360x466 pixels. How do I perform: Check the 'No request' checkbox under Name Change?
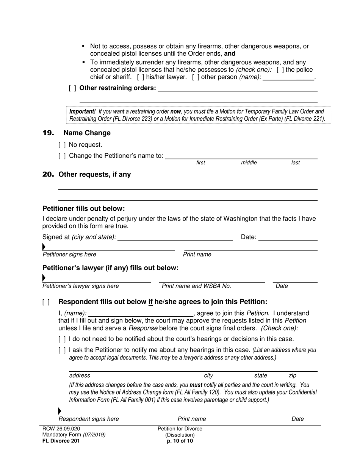pyautogui.click(x=62, y=145)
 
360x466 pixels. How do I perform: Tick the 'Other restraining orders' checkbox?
pyautogui.click(x=72, y=88)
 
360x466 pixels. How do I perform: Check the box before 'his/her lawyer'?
pyautogui.click(x=140, y=77)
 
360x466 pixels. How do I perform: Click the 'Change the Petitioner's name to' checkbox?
pyautogui.click(x=62, y=156)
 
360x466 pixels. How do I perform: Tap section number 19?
pyautogui.click(x=48, y=133)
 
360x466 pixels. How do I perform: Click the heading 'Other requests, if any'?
pyautogui.click(x=94, y=175)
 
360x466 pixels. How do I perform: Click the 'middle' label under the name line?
pyautogui.click(x=249, y=163)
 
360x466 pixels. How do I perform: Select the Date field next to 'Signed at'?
pyautogui.click(x=288, y=237)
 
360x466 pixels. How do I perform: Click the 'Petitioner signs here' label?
pyautogui.click(x=69, y=255)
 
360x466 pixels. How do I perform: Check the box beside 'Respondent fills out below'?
pyautogui.click(x=46, y=302)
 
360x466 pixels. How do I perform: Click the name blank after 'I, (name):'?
pyautogui.click(x=140, y=313)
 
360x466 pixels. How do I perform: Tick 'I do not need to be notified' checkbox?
pyautogui.click(x=62, y=339)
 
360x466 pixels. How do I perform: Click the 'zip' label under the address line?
pyautogui.click(x=293, y=376)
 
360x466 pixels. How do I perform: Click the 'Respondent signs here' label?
pyautogui.click(x=89, y=419)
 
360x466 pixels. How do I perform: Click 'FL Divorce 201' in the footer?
pyautogui.click(x=61, y=441)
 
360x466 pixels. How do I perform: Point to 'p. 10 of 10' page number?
pyautogui.click(x=180, y=441)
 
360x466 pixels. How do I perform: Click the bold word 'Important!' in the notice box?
pyautogui.click(x=82, y=112)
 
